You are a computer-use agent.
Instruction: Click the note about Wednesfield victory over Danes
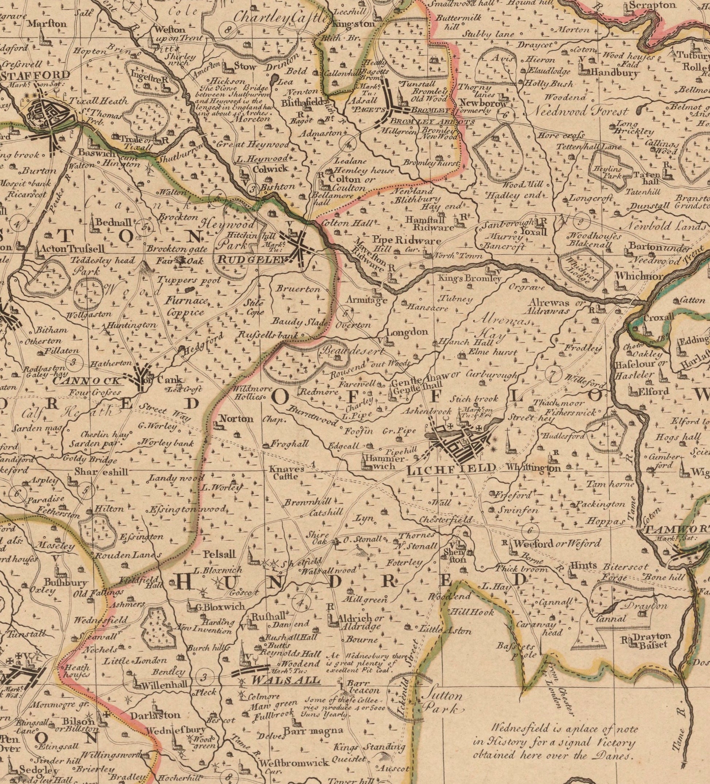click(x=554, y=742)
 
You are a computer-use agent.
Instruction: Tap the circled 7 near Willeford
click(x=551, y=373)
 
